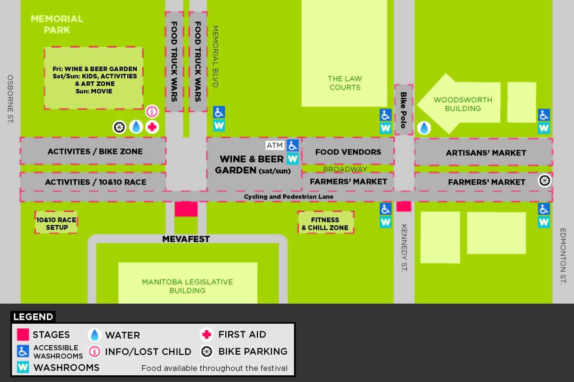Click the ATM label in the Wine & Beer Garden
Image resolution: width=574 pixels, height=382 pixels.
click(x=275, y=145)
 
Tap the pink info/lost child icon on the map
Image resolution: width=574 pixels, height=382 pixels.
click(x=152, y=112)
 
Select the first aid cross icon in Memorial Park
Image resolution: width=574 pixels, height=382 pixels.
click(x=152, y=127)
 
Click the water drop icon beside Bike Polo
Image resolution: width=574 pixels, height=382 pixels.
click(x=424, y=128)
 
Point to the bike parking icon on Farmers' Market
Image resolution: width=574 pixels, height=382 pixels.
click(x=544, y=180)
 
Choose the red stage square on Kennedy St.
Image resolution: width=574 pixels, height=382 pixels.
click(x=404, y=206)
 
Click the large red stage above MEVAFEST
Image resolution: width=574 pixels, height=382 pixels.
click(x=186, y=209)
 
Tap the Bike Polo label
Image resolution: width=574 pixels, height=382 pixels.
click(x=404, y=110)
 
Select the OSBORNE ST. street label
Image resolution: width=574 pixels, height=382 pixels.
click(x=11, y=99)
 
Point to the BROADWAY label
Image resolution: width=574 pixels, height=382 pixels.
click(x=345, y=169)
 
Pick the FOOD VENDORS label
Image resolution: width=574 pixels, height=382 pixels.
click(x=348, y=152)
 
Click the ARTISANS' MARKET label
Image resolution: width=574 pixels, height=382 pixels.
click(x=486, y=153)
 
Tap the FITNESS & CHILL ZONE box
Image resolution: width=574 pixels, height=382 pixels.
click(x=325, y=223)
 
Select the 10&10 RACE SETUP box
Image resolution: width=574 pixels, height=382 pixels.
click(x=56, y=223)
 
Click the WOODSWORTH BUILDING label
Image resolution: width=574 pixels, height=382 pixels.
click(x=463, y=104)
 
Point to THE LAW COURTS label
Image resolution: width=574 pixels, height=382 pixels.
click(x=344, y=83)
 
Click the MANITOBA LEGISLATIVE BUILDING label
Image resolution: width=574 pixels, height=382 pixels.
click(x=187, y=286)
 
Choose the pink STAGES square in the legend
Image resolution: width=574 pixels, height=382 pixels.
click(x=23, y=335)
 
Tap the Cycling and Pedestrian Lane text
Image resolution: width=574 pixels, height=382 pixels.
click(x=288, y=196)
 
